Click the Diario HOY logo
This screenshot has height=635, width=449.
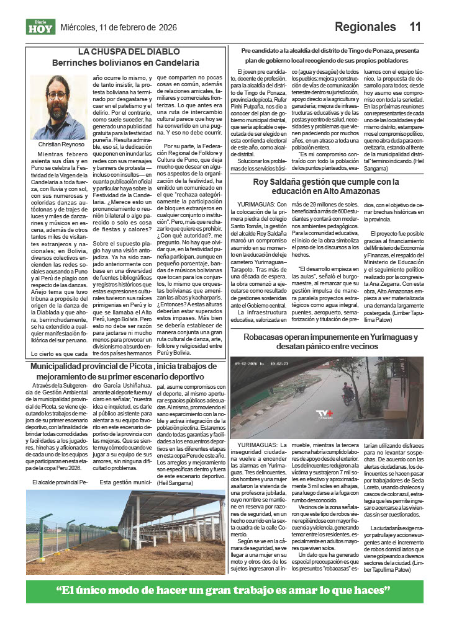coord(40,27)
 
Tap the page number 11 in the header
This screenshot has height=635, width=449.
coord(415,27)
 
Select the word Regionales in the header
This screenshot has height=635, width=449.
coord(365,27)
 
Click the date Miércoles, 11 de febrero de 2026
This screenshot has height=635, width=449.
coord(119,27)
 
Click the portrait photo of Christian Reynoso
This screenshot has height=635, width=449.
coord(57,107)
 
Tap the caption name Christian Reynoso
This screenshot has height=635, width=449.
coord(57,144)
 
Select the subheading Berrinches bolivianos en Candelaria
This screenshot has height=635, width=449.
coord(134,63)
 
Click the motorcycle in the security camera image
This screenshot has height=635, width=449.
coord(349,394)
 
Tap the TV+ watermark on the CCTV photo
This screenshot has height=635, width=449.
coord(324,414)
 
